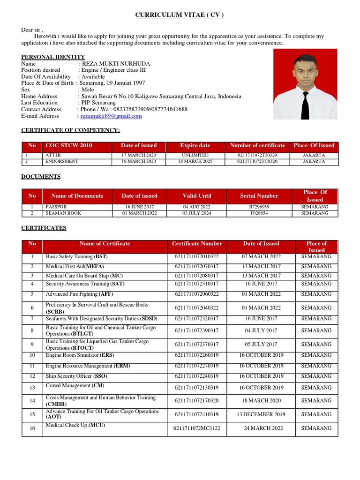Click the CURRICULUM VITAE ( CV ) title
tap(180, 15)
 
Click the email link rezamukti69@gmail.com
tap(111, 116)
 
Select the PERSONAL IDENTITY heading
tap(53, 57)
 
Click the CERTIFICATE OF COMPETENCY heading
tap(70, 129)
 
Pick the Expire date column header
tap(195, 145)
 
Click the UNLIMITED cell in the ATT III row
tap(195, 155)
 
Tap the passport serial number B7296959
tap(259, 206)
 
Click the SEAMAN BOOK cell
tap(63, 213)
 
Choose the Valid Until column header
tap(197, 196)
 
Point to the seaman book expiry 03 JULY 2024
tap(197, 213)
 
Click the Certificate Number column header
tap(197, 244)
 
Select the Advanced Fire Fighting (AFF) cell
tap(79, 294)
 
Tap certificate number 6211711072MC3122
tap(196, 428)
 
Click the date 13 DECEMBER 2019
tap(261, 414)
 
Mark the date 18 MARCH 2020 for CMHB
tap(261, 401)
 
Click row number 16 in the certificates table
tap(32, 428)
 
